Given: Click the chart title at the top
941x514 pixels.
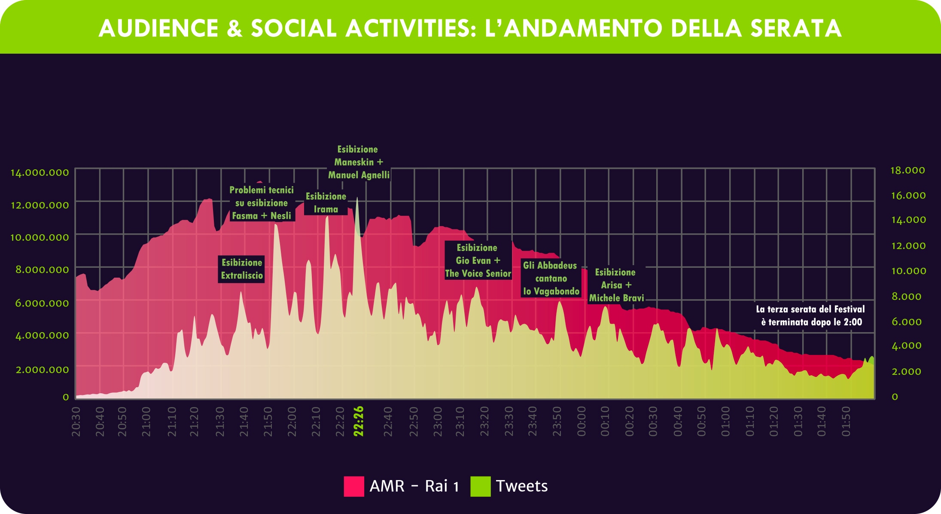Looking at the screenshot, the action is pyautogui.click(x=470, y=28).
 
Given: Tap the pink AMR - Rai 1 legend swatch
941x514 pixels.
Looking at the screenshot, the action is pyautogui.click(x=354, y=486).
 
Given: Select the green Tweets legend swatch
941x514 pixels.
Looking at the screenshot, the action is pyautogui.click(x=481, y=486).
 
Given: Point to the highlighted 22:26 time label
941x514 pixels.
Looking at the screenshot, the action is pyautogui.click(x=359, y=421).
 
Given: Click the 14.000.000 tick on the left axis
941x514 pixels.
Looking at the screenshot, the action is pyautogui.click(x=40, y=173).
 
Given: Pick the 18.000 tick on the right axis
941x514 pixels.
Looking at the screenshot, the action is pyautogui.click(x=908, y=171).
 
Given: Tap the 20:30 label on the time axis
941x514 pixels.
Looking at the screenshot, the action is pyautogui.click(x=76, y=422).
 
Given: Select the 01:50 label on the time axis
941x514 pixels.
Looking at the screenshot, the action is pyautogui.click(x=846, y=422).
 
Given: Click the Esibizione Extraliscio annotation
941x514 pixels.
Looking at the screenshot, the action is pyautogui.click(x=242, y=269).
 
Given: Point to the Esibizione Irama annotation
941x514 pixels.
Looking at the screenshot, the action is pyautogui.click(x=326, y=203).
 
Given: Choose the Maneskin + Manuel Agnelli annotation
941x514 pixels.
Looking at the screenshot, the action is pyautogui.click(x=359, y=162).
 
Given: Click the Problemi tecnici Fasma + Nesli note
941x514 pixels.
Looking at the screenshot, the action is pyautogui.click(x=262, y=203).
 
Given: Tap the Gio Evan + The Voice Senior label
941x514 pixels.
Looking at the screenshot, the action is pyautogui.click(x=478, y=260).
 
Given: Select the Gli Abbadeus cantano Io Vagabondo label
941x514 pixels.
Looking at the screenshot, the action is pyautogui.click(x=551, y=278).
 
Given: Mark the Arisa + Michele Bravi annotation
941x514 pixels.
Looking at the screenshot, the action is pyautogui.click(x=616, y=285).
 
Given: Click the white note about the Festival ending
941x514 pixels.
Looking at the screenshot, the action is pyautogui.click(x=810, y=316).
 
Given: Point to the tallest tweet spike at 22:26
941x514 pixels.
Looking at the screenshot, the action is pyautogui.click(x=357, y=199).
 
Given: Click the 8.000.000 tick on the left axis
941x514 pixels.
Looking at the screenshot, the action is pyautogui.click(x=42, y=270).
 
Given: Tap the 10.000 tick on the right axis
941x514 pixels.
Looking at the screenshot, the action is pyautogui.click(x=908, y=271).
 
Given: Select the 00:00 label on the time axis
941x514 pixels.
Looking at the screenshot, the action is pyautogui.click(x=581, y=422).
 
